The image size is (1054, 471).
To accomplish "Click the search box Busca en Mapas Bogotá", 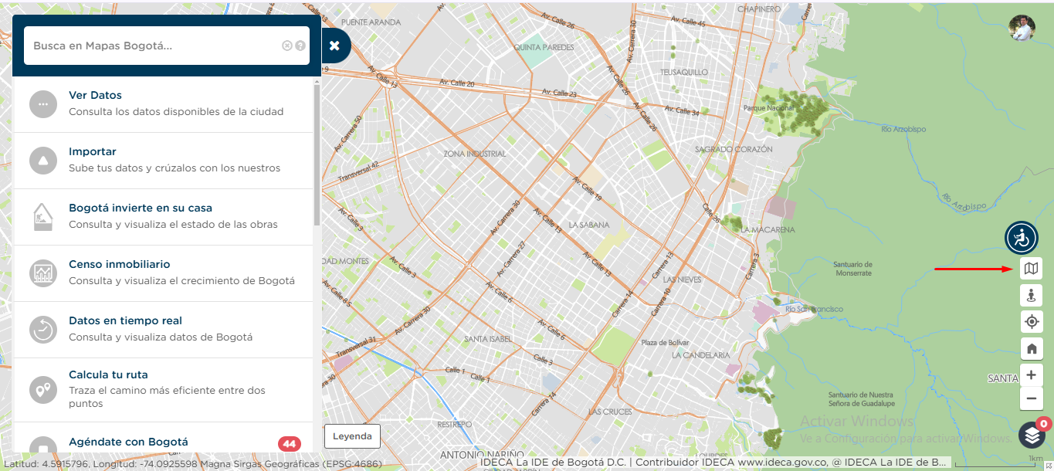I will [154, 46].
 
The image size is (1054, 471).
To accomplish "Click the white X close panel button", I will [334, 46].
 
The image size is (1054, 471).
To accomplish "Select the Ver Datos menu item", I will [95, 96].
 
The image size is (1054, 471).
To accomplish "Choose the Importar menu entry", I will [93, 152].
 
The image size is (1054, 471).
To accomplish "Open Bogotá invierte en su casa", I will [141, 208].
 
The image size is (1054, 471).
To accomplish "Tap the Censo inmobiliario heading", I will [120, 265].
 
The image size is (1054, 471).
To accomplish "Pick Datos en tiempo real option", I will [125, 321].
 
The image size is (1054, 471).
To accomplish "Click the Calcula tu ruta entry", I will [108, 375].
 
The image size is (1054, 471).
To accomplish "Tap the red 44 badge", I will [290, 444].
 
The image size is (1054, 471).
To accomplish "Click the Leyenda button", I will [352, 436].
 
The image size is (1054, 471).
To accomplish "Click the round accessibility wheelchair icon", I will [1021, 238].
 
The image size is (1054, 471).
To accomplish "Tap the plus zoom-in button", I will [1031, 375].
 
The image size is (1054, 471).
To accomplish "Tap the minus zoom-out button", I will [1031, 399].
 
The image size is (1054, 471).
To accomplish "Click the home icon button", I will [1031, 348].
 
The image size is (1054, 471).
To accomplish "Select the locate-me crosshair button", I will [1031, 322].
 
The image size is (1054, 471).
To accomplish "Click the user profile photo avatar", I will [1022, 29].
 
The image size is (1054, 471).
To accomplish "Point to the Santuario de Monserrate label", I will [852, 269].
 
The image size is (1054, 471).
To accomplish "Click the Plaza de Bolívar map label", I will [664, 343].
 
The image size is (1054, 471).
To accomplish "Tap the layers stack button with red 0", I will [1032, 435].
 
